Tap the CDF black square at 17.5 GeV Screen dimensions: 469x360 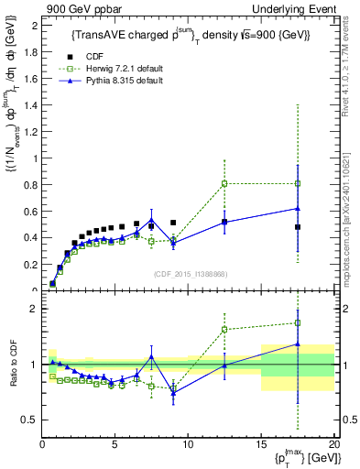pos(298,227)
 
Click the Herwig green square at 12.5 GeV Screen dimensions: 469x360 pos(224,183)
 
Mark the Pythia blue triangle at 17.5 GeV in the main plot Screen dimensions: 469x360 pos(298,208)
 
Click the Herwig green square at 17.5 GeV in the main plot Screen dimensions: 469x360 pos(298,183)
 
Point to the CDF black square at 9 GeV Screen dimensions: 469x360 pos(173,223)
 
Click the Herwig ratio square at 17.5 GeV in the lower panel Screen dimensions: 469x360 pos(298,322)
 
